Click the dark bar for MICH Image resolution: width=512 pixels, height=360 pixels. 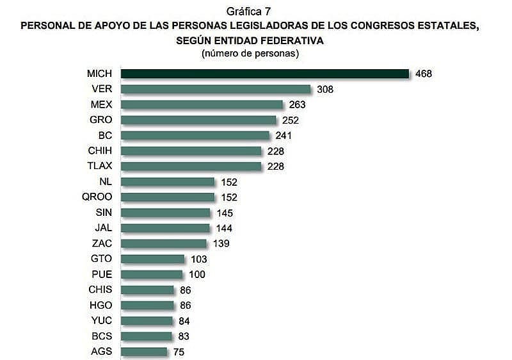(265, 74)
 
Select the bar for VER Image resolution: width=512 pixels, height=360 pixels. (216, 89)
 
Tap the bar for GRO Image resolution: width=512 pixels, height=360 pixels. (198, 120)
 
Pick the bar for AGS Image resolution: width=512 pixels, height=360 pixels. (144, 351)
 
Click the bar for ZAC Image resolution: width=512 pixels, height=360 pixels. (164, 243)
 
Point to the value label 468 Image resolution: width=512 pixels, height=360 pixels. (423, 74)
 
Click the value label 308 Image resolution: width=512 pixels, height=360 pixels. (325, 89)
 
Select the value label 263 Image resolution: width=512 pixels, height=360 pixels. (297, 104)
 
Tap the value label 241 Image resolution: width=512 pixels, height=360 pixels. (284, 135)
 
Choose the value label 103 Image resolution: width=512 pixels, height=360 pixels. (198, 259)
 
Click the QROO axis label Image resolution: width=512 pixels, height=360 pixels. (97, 197)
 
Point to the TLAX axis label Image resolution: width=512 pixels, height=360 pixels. (99, 166)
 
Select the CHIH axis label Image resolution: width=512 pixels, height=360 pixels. (100, 151)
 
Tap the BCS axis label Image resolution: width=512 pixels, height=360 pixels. (101, 336)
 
